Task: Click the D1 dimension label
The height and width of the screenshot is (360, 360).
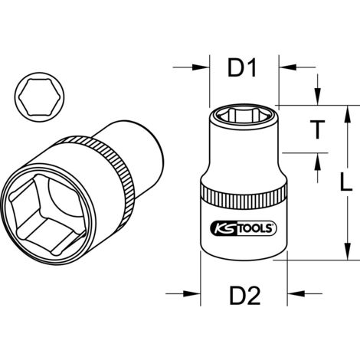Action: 243,70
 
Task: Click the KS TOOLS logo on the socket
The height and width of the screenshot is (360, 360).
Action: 243,227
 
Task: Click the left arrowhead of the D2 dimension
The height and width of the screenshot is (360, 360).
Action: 194,292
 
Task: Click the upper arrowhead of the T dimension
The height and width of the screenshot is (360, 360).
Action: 315,100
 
